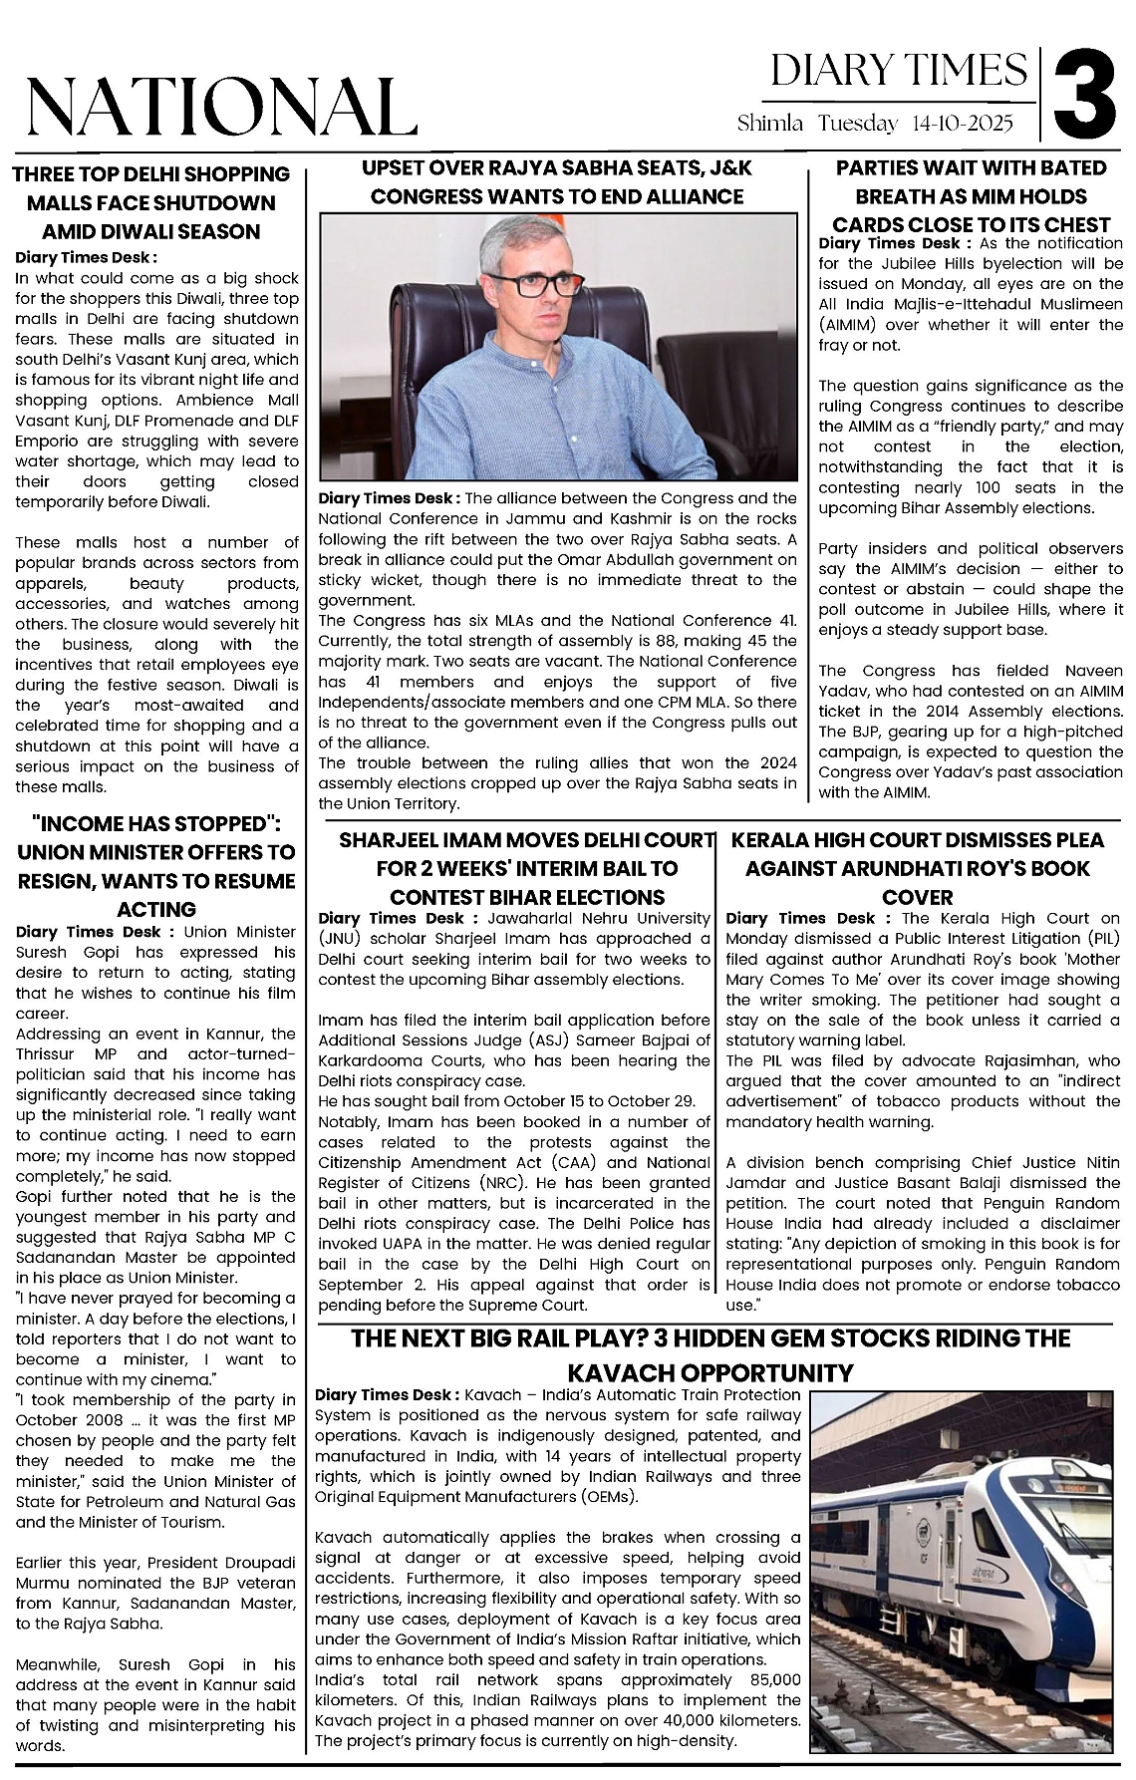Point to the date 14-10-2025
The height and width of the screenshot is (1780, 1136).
(x=962, y=124)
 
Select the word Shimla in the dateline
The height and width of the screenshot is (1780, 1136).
(x=770, y=124)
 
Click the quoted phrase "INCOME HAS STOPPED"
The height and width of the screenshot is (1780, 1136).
(x=155, y=824)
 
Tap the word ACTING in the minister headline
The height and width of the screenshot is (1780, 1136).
(x=156, y=909)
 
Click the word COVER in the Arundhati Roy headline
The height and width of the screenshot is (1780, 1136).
(x=918, y=897)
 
